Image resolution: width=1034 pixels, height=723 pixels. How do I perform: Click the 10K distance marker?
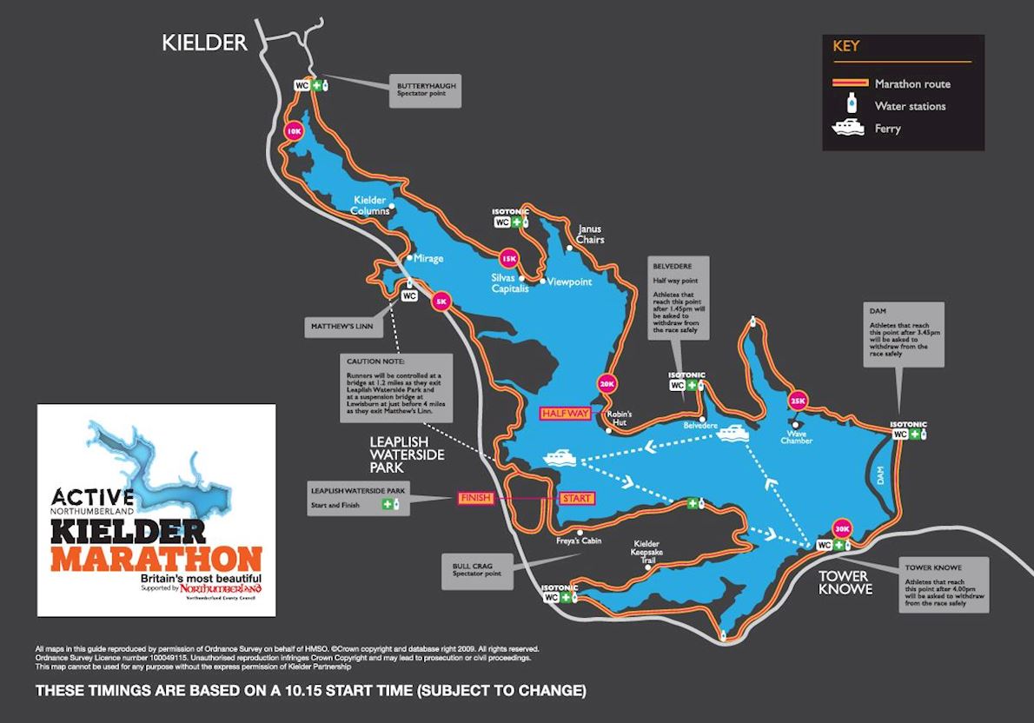[294, 131]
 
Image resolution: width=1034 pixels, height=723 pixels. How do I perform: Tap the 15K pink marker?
[508, 258]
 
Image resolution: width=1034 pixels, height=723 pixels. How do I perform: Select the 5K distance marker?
[441, 302]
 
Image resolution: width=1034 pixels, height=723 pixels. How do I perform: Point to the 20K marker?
[606, 383]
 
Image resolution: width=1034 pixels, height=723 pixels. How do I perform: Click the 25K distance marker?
[798, 401]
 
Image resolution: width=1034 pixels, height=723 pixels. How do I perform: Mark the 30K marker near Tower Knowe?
[841, 527]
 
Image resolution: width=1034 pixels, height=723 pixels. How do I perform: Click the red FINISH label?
[476, 498]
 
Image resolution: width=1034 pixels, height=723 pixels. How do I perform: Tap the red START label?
[577, 498]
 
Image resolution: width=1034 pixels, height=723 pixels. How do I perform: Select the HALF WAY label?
[566, 414]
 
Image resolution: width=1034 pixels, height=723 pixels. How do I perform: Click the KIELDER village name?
[205, 43]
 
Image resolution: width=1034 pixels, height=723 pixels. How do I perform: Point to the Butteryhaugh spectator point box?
[426, 90]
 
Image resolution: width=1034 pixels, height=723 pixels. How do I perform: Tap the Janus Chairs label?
[590, 234]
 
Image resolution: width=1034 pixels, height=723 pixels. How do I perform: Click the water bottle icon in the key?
[852, 106]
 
